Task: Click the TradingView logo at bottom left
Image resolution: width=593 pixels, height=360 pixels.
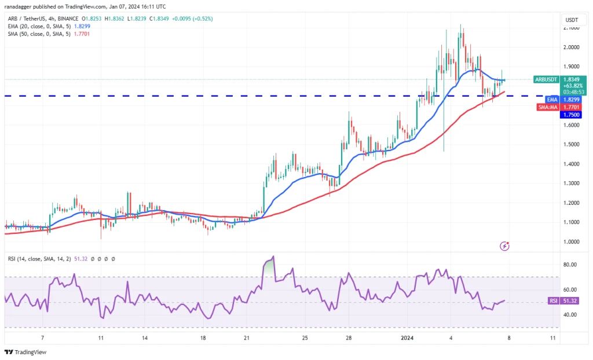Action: (25, 352)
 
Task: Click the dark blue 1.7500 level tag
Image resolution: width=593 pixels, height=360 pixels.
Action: (570, 115)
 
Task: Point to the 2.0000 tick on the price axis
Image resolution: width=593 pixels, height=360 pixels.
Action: (571, 47)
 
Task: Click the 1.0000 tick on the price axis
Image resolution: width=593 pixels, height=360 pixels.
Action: (571, 242)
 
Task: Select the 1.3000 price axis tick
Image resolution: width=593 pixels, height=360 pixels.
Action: (571, 183)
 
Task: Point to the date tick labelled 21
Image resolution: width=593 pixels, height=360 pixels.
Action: (246, 337)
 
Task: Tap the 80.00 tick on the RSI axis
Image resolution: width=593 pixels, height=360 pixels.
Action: (570, 265)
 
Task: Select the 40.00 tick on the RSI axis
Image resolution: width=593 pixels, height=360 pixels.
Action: (570, 315)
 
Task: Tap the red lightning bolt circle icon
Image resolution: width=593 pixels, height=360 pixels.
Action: (504, 246)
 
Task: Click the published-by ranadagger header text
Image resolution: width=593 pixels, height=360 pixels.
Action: (86, 6)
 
